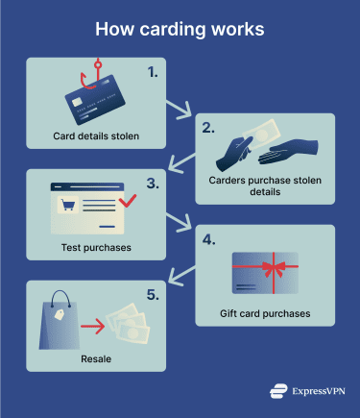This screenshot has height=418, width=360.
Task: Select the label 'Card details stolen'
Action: [x=95, y=136]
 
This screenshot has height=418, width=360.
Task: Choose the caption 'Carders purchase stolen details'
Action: [x=265, y=184]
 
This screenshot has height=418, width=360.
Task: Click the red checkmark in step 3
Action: [x=127, y=200]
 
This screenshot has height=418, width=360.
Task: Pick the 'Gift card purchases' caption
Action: [x=264, y=312]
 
